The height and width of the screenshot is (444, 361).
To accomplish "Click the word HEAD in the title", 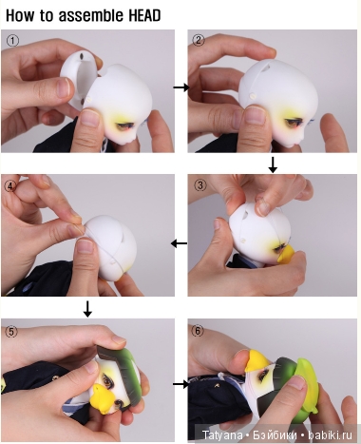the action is (144, 15).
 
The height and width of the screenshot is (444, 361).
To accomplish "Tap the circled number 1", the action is (12, 41).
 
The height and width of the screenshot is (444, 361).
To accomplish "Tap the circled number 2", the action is (199, 40).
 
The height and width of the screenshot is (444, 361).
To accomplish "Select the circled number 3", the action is (200, 184).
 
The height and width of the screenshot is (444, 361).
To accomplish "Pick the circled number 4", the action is (10, 186).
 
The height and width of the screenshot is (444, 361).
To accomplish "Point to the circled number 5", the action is (11, 332).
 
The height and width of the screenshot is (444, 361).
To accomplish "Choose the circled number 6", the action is (198, 331).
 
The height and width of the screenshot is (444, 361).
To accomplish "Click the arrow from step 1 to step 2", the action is (181, 87).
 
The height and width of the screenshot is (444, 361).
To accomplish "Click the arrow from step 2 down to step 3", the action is (273, 164).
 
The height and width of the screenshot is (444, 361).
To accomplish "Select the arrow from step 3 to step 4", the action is (179, 243).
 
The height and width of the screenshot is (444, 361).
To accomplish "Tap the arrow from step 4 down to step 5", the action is (87, 309).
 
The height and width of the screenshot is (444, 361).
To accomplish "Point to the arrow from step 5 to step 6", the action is (180, 384).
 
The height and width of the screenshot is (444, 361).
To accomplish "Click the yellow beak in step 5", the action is (102, 396).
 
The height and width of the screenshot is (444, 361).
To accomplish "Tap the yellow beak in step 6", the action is (257, 360).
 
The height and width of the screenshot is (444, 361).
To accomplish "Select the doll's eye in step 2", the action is (292, 122).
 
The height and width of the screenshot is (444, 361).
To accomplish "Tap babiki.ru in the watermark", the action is (330, 434).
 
